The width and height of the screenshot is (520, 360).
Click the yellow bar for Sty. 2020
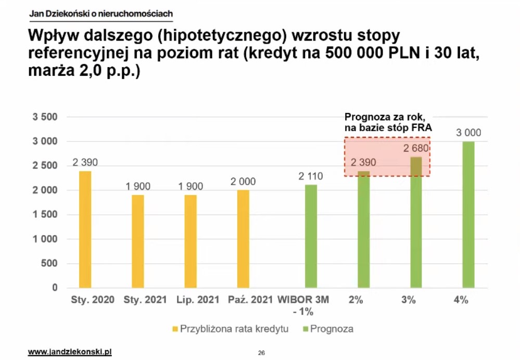85,229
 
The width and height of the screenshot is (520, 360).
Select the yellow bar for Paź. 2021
243,239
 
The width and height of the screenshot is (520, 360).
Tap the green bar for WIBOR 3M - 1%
311,236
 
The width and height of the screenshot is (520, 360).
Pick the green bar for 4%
468,214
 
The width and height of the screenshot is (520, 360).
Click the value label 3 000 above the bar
468,133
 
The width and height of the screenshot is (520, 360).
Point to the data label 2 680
416,149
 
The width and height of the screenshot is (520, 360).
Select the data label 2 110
311,176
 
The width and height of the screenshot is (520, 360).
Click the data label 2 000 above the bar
243,182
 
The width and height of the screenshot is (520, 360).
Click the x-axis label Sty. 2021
145,300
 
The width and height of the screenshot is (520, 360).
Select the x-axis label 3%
409,300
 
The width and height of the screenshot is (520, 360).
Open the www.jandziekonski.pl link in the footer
70,352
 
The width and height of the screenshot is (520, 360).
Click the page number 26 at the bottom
261,353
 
